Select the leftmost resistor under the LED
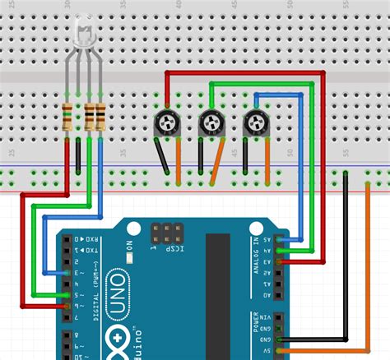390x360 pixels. tap(67, 118)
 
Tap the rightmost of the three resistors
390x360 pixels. tap(100, 118)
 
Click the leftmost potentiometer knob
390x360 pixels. tap(166, 125)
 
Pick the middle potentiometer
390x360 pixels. tap(211, 125)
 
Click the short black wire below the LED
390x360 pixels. tap(78, 156)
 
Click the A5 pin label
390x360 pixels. tap(268, 240)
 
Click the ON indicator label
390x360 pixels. tap(128, 247)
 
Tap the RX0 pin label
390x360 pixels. tap(80, 239)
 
